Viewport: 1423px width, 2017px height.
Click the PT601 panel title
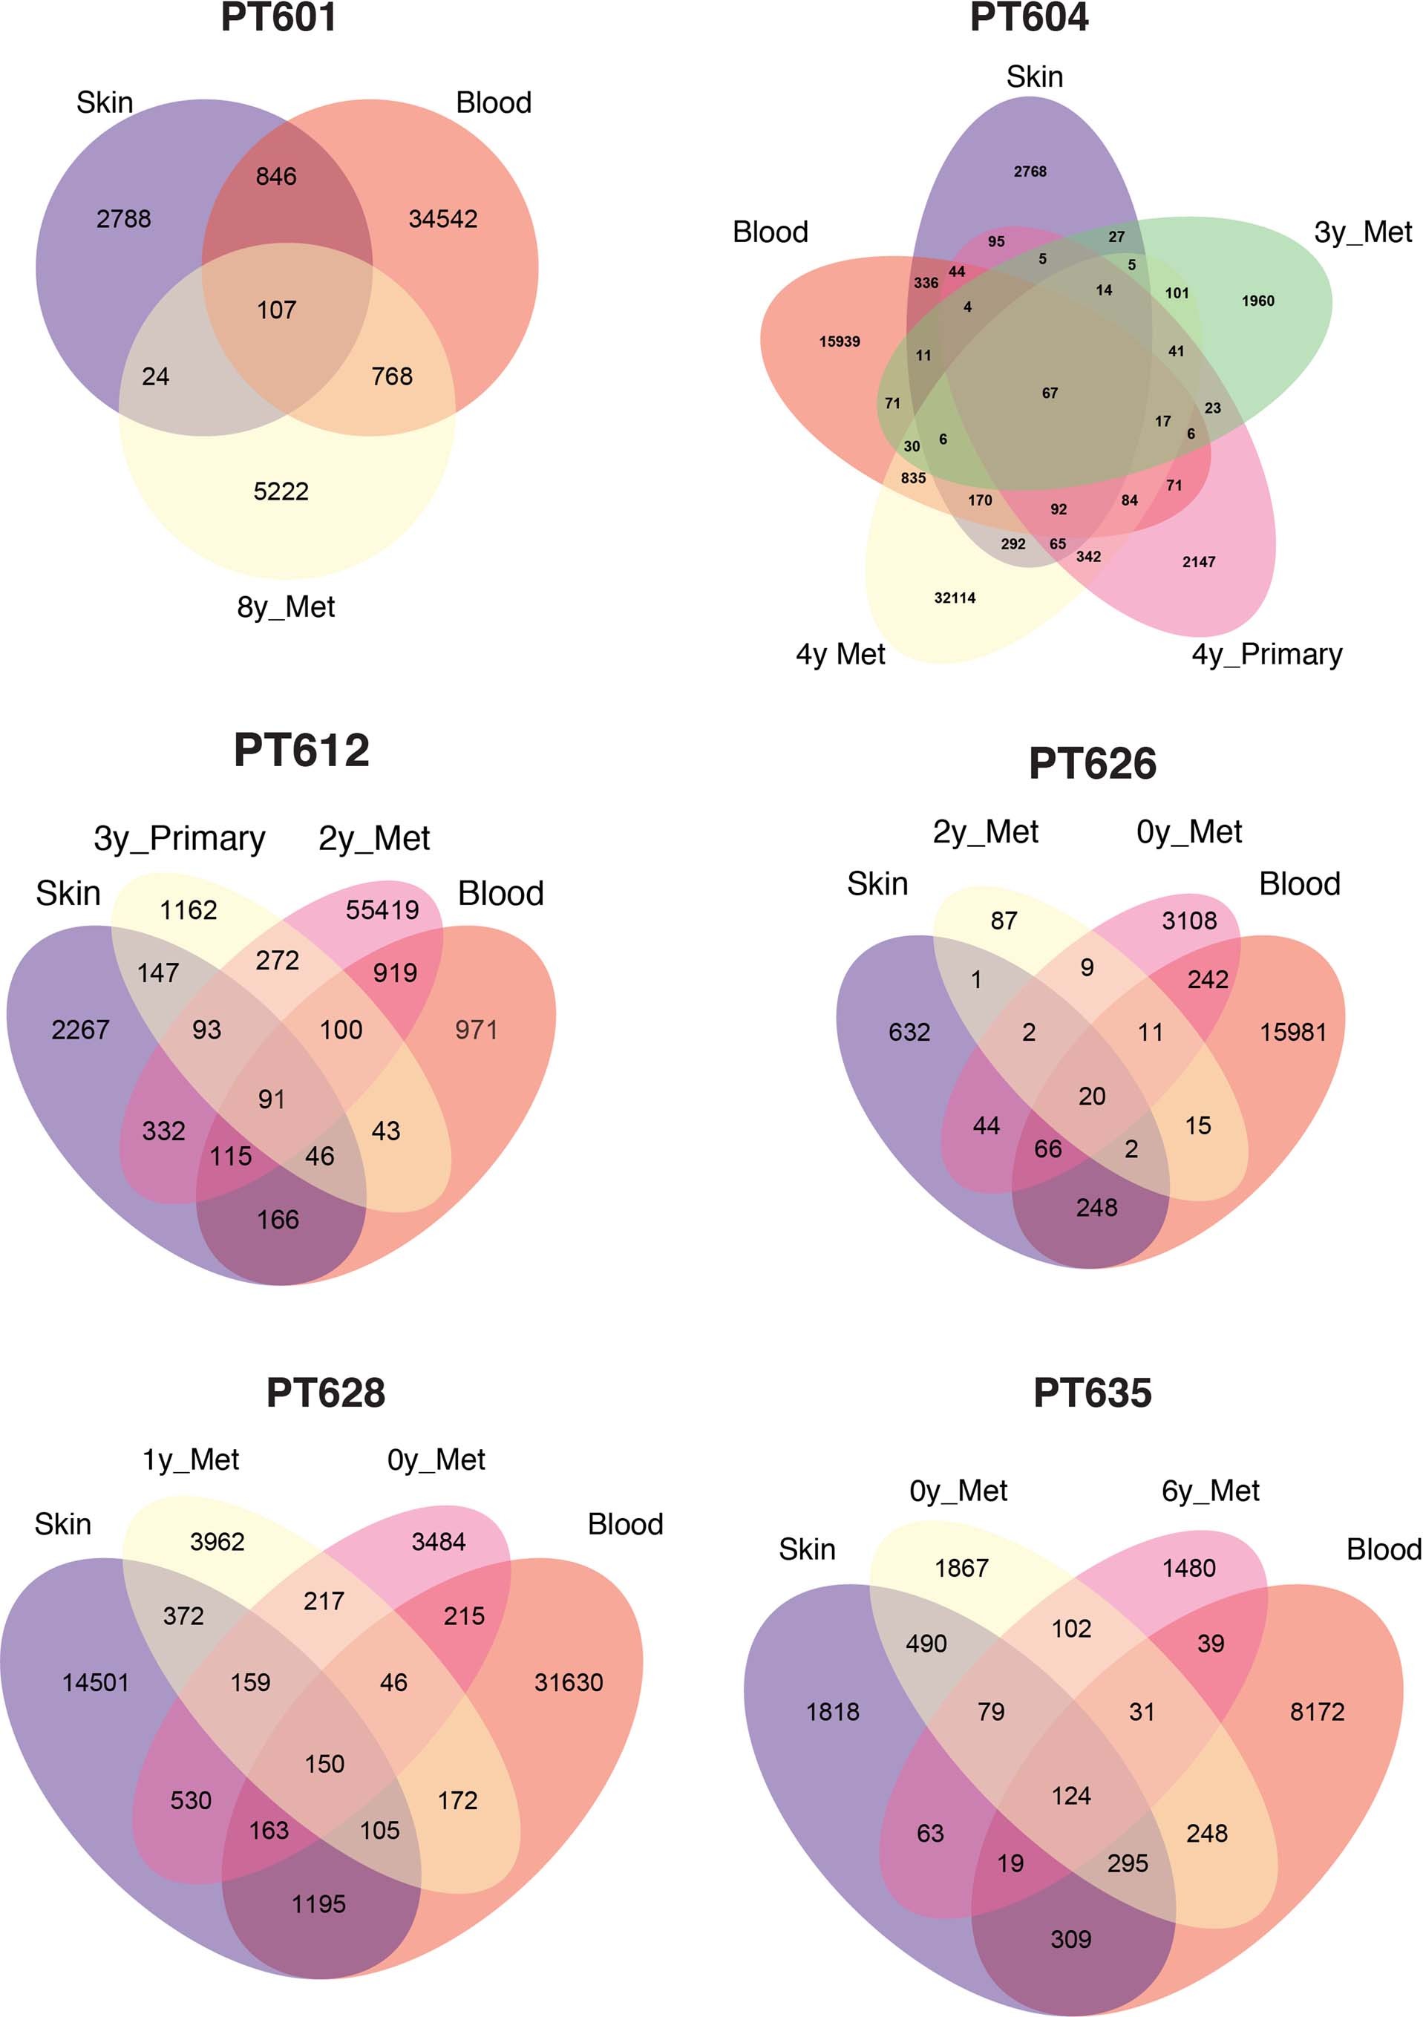point(278,18)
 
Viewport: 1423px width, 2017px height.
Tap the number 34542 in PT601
point(442,219)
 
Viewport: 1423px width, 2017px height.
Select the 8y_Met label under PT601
point(286,607)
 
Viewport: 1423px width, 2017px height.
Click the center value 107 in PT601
point(277,310)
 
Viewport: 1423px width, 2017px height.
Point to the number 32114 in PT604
point(955,598)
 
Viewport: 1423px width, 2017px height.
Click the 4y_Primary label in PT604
point(1266,655)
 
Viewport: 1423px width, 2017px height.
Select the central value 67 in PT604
point(1050,393)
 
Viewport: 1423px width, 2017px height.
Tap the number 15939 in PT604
point(839,341)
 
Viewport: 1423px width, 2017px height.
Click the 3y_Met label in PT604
point(1362,232)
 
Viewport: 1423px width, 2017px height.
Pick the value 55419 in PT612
point(382,910)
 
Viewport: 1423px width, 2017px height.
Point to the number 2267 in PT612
point(80,1030)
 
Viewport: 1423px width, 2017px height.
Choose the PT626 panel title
point(1092,763)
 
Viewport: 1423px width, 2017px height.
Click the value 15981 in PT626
point(1293,1032)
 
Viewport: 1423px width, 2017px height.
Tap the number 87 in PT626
point(1004,921)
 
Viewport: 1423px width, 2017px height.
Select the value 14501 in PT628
point(95,1682)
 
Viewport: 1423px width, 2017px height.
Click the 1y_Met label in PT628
point(191,1460)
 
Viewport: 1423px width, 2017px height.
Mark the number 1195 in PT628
point(319,1903)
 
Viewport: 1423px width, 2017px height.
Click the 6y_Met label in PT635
point(1211,1491)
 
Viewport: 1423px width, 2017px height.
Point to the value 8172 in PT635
point(1317,1711)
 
